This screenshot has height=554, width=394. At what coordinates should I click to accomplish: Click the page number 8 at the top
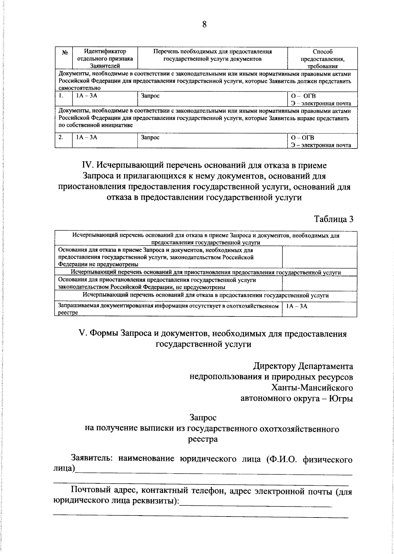204,25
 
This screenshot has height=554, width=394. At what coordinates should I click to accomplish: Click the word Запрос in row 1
150,96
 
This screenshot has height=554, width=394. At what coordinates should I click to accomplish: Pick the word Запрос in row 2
150,137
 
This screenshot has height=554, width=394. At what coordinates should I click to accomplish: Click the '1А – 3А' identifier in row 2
87,137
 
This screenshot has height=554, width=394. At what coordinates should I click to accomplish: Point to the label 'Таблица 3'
334,219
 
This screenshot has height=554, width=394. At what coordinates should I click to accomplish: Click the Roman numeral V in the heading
82,334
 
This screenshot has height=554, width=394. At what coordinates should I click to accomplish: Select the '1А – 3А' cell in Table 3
296,306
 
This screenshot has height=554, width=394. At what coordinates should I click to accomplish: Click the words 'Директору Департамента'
303,366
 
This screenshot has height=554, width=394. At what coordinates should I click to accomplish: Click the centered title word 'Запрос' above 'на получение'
203,418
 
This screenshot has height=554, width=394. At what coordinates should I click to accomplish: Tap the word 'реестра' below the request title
203,439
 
